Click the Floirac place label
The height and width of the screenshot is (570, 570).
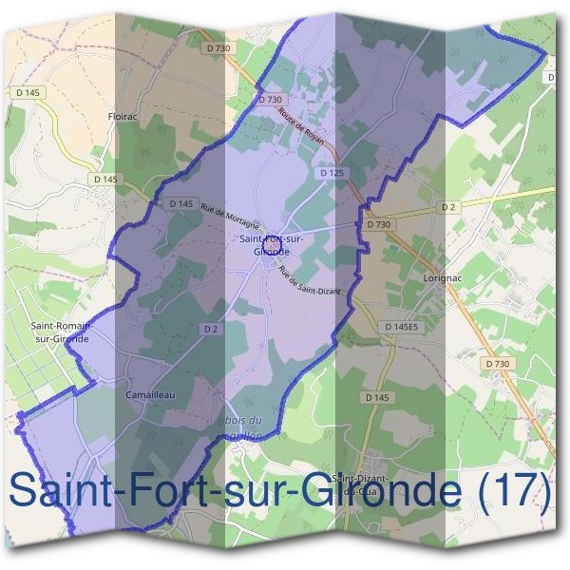[125, 119]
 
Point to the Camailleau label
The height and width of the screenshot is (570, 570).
[147, 393]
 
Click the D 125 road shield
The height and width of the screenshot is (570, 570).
[332, 173]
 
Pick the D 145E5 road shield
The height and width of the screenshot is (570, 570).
[403, 327]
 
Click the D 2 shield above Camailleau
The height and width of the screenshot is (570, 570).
[211, 328]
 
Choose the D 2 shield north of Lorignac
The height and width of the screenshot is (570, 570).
[448, 206]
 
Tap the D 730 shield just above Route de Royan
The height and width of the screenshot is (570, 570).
[271, 99]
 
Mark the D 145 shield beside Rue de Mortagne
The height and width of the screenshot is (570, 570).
[181, 203]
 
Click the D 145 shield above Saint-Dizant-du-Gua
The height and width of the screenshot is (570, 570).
[377, 397]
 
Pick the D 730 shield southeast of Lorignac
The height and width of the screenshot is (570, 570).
[497, 363]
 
